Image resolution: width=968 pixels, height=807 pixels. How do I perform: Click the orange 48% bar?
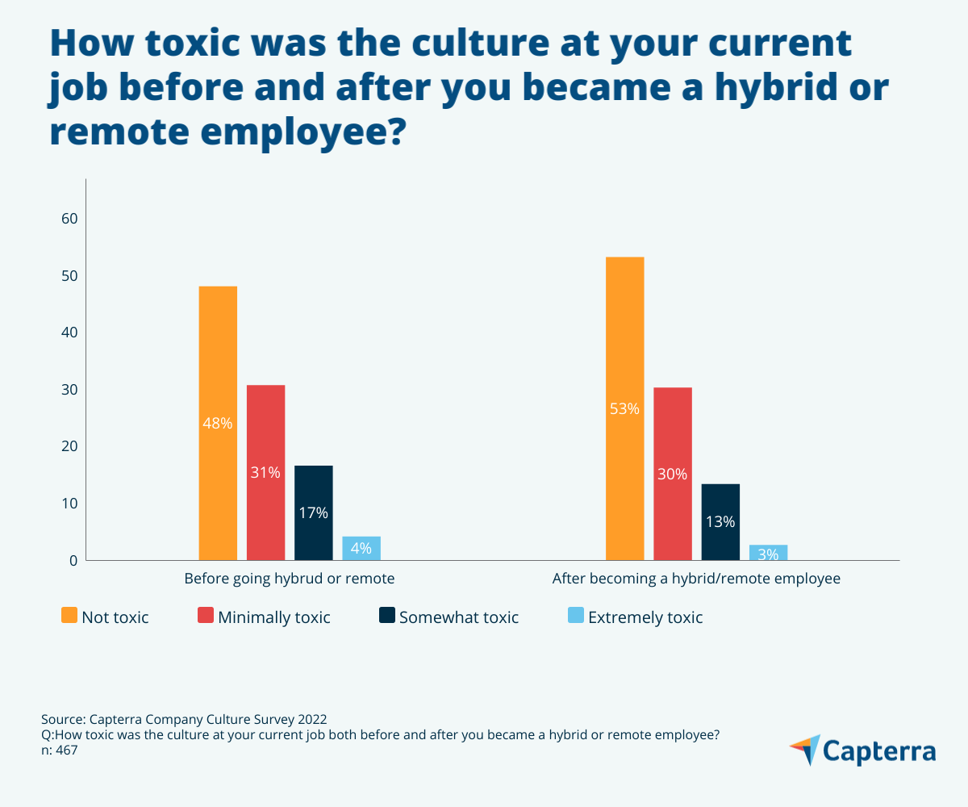(x=218, y=423)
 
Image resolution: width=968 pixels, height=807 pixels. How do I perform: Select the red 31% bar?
(x=265, y=472)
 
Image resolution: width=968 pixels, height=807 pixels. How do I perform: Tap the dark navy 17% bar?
(x=313, y=512)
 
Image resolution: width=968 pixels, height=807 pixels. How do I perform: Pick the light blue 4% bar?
(x=361, y=548)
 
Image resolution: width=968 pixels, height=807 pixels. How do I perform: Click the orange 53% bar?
(x=624, y=408)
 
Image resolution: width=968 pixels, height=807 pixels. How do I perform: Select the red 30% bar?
(x=672, y=474)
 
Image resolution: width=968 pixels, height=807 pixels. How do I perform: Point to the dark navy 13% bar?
(x=720, y=521)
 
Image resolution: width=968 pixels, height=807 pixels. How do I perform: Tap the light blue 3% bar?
(x=768, y=553)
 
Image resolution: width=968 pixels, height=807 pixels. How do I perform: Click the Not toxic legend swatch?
(x=70, y=617)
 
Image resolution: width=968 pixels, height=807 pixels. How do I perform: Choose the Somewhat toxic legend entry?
(x=458, y=617)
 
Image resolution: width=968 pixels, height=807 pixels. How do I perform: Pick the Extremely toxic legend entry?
(x=645, y=617)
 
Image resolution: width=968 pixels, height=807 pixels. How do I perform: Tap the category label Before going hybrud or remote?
(x=290, y=579)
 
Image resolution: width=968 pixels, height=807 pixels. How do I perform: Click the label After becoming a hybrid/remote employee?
(x=696, y=579)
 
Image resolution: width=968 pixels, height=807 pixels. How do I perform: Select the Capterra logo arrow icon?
(x=804, y=750)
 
